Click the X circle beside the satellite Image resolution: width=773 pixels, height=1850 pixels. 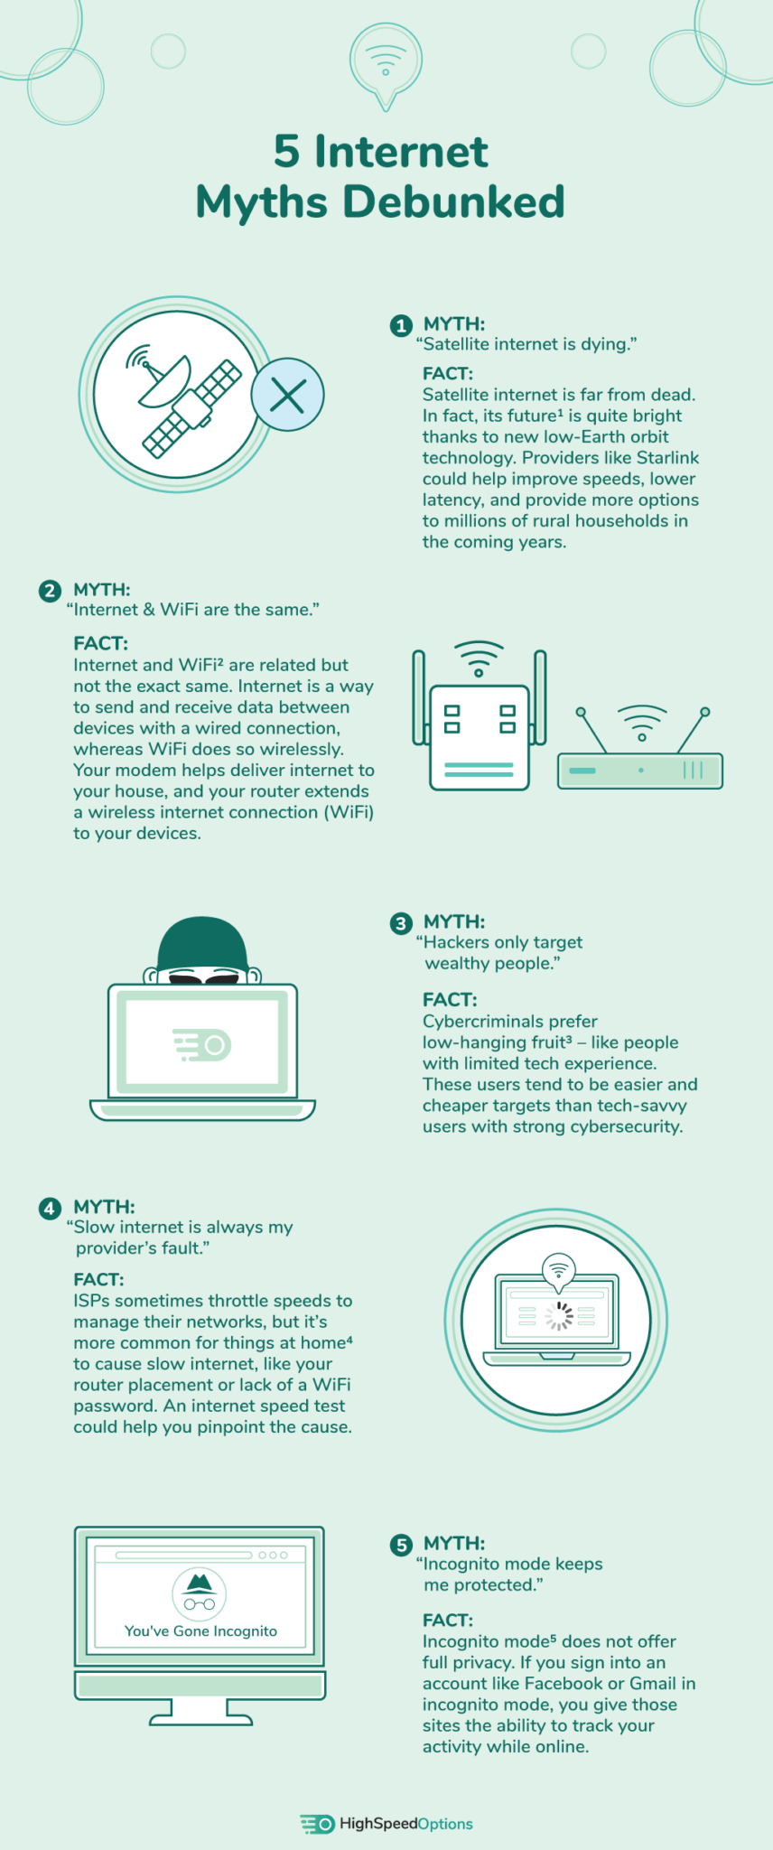[287, 395]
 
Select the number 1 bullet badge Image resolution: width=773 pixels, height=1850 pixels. [401, 325]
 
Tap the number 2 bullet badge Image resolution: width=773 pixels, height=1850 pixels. [50, 591]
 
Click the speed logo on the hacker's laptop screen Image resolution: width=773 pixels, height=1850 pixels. [203, 1045]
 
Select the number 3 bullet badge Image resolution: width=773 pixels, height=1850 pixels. [401, 923]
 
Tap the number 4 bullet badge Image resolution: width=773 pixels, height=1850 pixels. [50, 1209]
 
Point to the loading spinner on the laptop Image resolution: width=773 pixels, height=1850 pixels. [559, 1316]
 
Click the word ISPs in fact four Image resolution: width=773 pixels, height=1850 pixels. [91, 1301]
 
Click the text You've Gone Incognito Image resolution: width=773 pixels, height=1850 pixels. [200, 1631]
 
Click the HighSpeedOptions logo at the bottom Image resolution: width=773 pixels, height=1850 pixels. [386, 1824]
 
